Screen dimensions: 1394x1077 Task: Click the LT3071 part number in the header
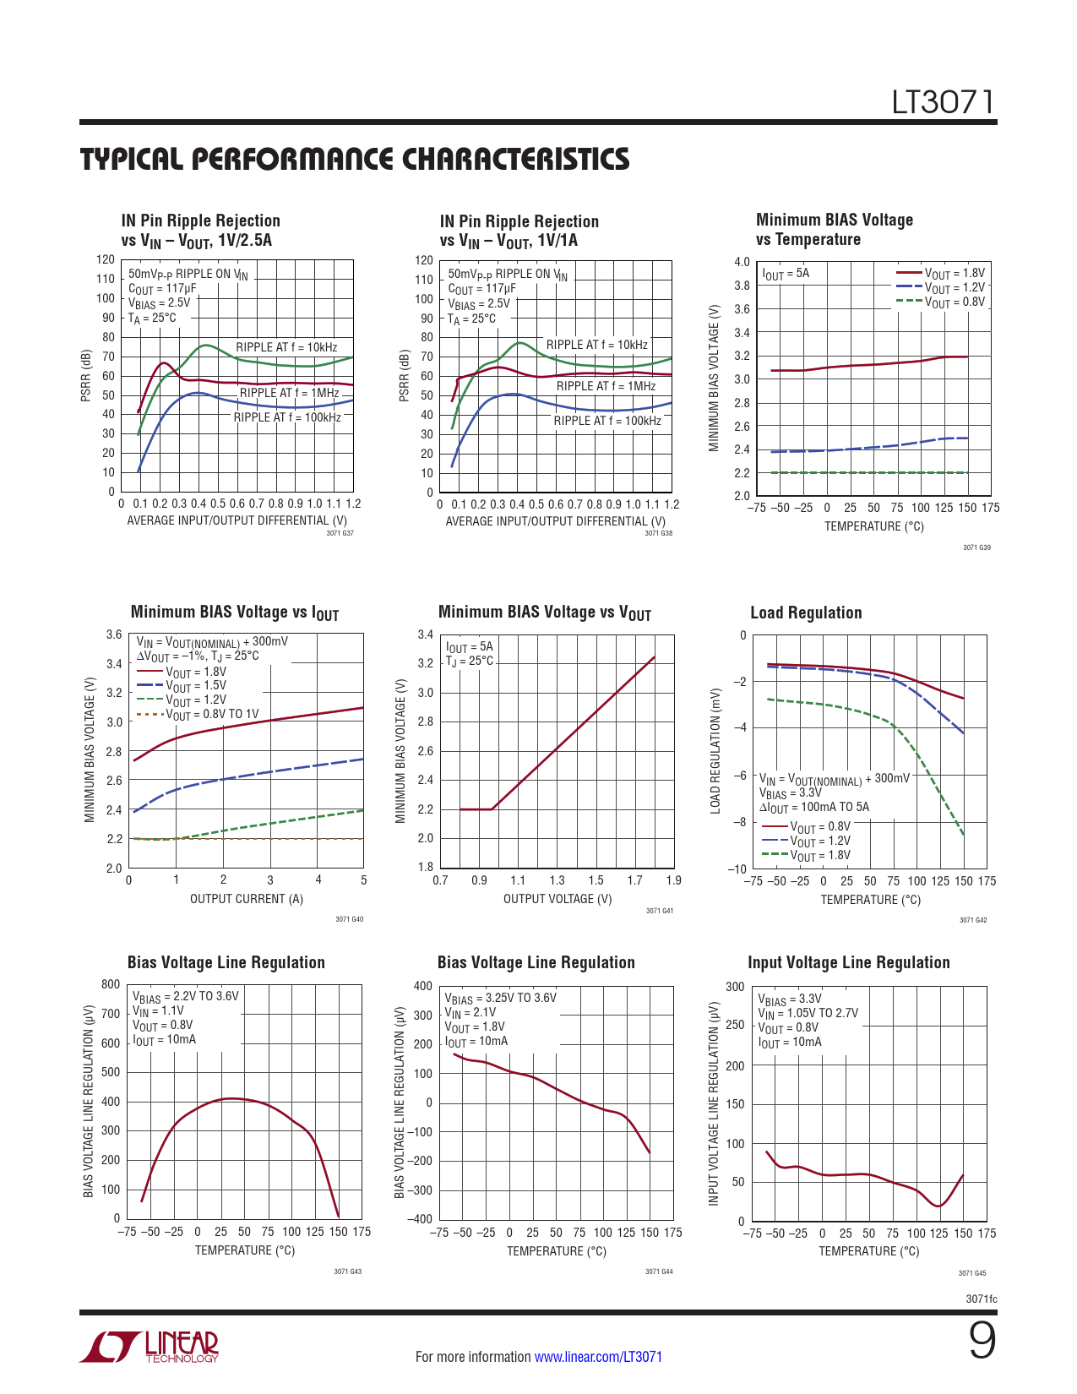click(x=944, y=102)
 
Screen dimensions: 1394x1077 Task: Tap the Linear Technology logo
click(x=150, y=1347)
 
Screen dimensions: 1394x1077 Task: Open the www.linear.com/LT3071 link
click(x=598, y=1357)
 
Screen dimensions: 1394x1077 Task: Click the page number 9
click(x=982, y=1341)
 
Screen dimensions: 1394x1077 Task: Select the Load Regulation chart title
click(x=806, y=613)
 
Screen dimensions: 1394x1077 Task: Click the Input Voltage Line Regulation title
click(x=848, y=962)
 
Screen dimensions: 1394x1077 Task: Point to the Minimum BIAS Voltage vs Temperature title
click(x=834, y=229)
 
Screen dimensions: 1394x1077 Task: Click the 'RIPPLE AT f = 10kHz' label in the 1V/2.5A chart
click(x=286, y=347)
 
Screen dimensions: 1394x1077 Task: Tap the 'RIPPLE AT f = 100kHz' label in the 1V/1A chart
click(x=607, y=421)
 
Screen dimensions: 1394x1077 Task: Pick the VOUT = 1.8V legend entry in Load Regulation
click(x=819, y=855)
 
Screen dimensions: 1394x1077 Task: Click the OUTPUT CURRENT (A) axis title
click(x=246, y=899)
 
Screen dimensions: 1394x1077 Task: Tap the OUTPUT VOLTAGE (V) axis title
click(x=558, y=899)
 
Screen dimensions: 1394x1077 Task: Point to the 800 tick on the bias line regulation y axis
click(x=111, y=984)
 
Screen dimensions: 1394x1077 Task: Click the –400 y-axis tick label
click(x=420, y=1219)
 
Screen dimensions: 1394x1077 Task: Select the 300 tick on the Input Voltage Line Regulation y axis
click(x=735, y=986)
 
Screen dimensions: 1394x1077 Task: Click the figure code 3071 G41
click(x=660, y=911)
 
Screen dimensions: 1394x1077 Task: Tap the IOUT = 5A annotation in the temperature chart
click(x=786, y=273)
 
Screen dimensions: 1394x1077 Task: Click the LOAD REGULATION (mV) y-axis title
click(x=715, y=751)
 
